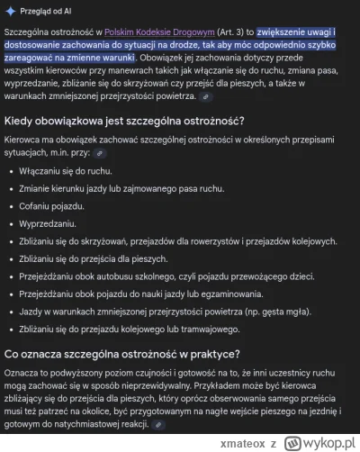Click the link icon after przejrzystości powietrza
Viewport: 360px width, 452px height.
tap(207, 95)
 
